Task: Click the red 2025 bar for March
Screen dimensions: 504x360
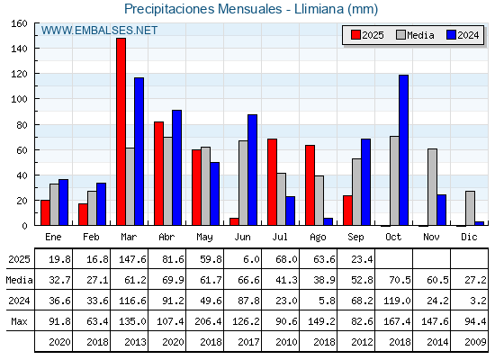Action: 121,131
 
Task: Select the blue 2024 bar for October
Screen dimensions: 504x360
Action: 404,150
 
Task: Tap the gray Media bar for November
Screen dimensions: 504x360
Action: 432,187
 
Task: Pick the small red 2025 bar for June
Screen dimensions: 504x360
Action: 234,221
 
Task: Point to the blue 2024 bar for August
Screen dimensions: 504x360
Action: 328,221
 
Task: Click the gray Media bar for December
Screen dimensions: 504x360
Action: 470,208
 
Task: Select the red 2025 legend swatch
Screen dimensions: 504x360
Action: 355,35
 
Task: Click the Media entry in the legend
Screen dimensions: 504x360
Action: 415,35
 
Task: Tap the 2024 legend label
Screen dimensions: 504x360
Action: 468,35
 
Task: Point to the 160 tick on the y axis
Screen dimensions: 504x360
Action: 19,23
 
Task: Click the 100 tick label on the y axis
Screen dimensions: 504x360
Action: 19,99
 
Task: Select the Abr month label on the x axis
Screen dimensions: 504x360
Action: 166,237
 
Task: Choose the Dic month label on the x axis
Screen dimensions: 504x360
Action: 469,237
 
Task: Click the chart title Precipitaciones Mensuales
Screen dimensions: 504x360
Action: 202,9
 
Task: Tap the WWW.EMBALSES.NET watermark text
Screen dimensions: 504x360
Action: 99,31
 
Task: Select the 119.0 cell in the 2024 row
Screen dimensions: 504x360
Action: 397,301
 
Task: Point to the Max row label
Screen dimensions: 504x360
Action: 19,321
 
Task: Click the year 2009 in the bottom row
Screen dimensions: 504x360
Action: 475,342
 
